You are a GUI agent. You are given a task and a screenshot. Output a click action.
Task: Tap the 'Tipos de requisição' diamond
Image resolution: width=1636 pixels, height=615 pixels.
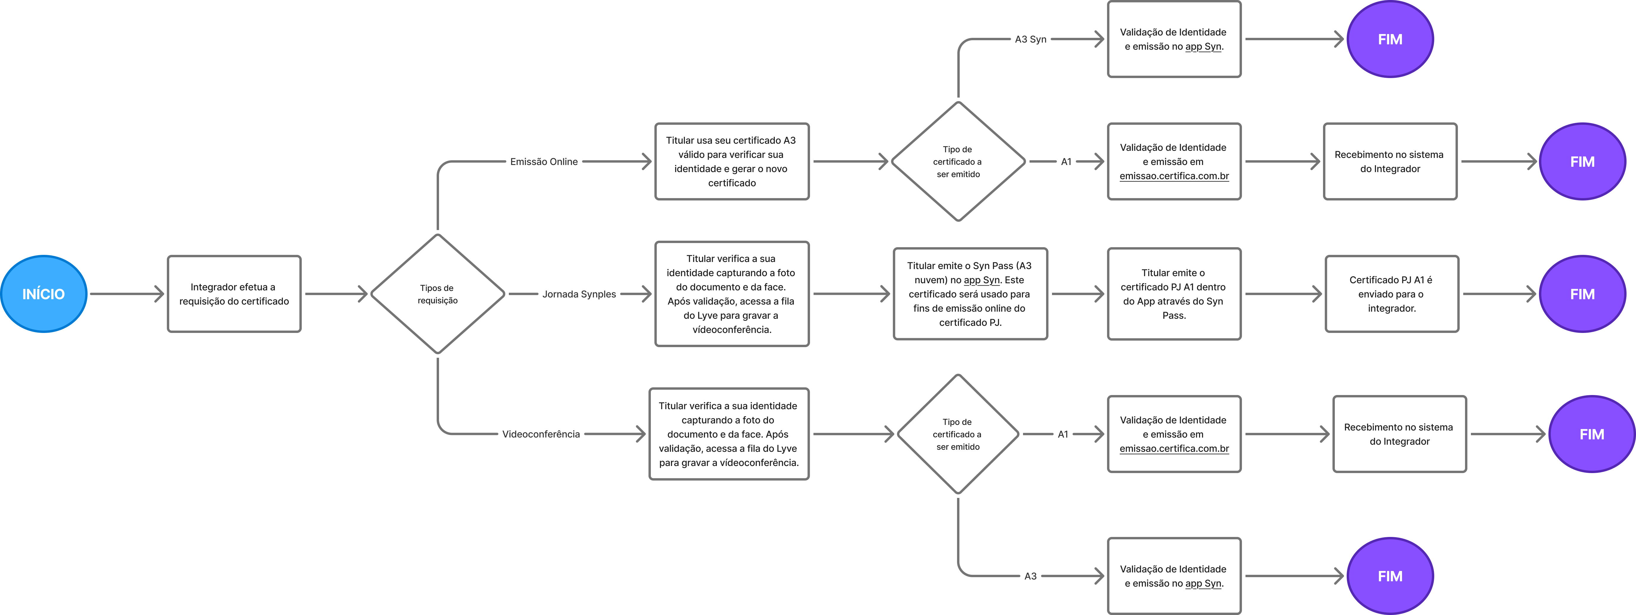[x=438, y=294]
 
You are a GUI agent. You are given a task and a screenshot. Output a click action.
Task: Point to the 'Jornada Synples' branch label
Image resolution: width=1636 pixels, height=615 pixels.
[x=579, y=294]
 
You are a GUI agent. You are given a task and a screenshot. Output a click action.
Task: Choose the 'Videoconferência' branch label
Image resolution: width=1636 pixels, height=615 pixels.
[x=541, y=434]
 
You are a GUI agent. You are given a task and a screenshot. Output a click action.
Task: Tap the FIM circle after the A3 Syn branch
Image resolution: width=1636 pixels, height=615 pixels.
[x=1390, y=39]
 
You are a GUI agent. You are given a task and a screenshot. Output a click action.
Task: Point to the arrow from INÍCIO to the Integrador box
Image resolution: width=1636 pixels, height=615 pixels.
[x=127, y=294]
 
